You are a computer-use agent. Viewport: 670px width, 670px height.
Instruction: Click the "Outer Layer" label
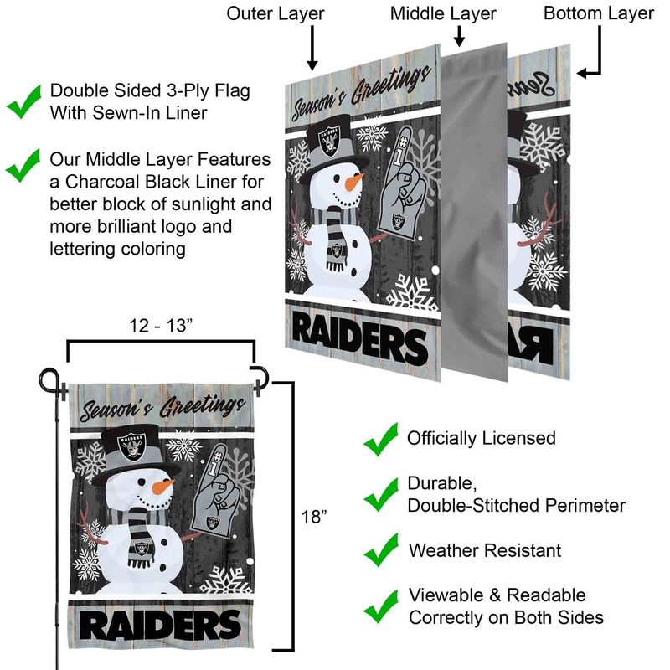click(x=276, y=14)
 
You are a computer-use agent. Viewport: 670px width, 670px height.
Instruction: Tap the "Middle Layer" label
click(x=443, y=14)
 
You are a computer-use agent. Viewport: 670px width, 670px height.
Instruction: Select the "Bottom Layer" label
click(x=598, y=14)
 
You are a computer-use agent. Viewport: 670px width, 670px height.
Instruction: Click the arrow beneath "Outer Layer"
click(x=312, y=48)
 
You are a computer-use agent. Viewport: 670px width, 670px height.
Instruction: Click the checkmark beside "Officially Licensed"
click(x=381, y=439)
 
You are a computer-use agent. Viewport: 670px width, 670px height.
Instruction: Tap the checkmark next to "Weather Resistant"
click(x=381, y=550)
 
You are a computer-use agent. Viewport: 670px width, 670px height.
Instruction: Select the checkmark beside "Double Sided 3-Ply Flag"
click(x=24, y=101)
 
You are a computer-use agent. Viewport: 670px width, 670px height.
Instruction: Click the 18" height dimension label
click(x=314, y=517)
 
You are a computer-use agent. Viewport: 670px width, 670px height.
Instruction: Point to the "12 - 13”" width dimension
click(x=161, y=326)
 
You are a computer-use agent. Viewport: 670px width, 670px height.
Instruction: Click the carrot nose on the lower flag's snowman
click(x=162, y=487)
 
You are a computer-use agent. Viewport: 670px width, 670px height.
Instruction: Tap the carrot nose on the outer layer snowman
click(x=354, y=182)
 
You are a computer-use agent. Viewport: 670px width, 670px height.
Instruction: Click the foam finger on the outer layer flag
click(x=401, y=183)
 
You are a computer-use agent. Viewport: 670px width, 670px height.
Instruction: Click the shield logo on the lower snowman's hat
click(x=131, y=447)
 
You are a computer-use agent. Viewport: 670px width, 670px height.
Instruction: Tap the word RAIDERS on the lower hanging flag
click(x=160, y=625)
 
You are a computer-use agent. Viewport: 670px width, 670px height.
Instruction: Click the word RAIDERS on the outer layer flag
click(x=360, y=340)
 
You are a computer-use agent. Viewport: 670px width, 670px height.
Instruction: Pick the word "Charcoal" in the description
click(x=100, y=182)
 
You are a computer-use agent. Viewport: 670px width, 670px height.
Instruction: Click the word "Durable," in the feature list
click(x=442, y=484)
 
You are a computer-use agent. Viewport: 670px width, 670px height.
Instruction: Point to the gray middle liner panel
click(x=474, y=212)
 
